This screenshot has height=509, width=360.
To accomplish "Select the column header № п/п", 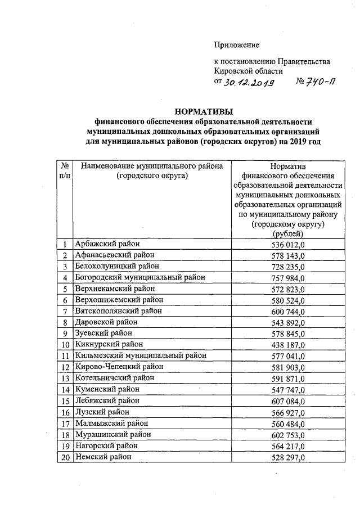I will pos(65,171).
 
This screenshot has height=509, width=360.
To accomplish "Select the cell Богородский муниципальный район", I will pos(140,277).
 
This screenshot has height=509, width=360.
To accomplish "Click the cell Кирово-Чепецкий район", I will pos(119,367).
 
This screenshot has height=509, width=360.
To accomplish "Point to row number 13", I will pos(65,378).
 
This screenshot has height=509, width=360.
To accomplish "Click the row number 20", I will pos(65,457).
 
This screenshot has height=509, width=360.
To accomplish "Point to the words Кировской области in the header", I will pos(248,71).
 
